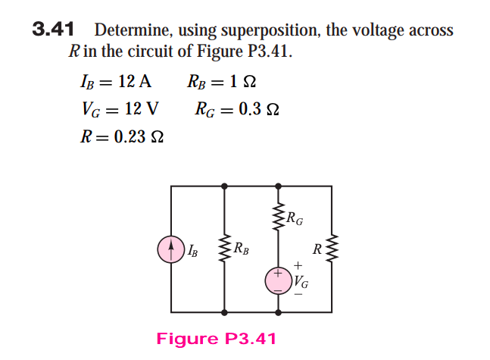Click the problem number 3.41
[52, 30]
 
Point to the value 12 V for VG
[141, 108]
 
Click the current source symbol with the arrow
[171, 248]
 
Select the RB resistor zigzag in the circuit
[225, 248]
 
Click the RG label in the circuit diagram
[295, 220]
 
